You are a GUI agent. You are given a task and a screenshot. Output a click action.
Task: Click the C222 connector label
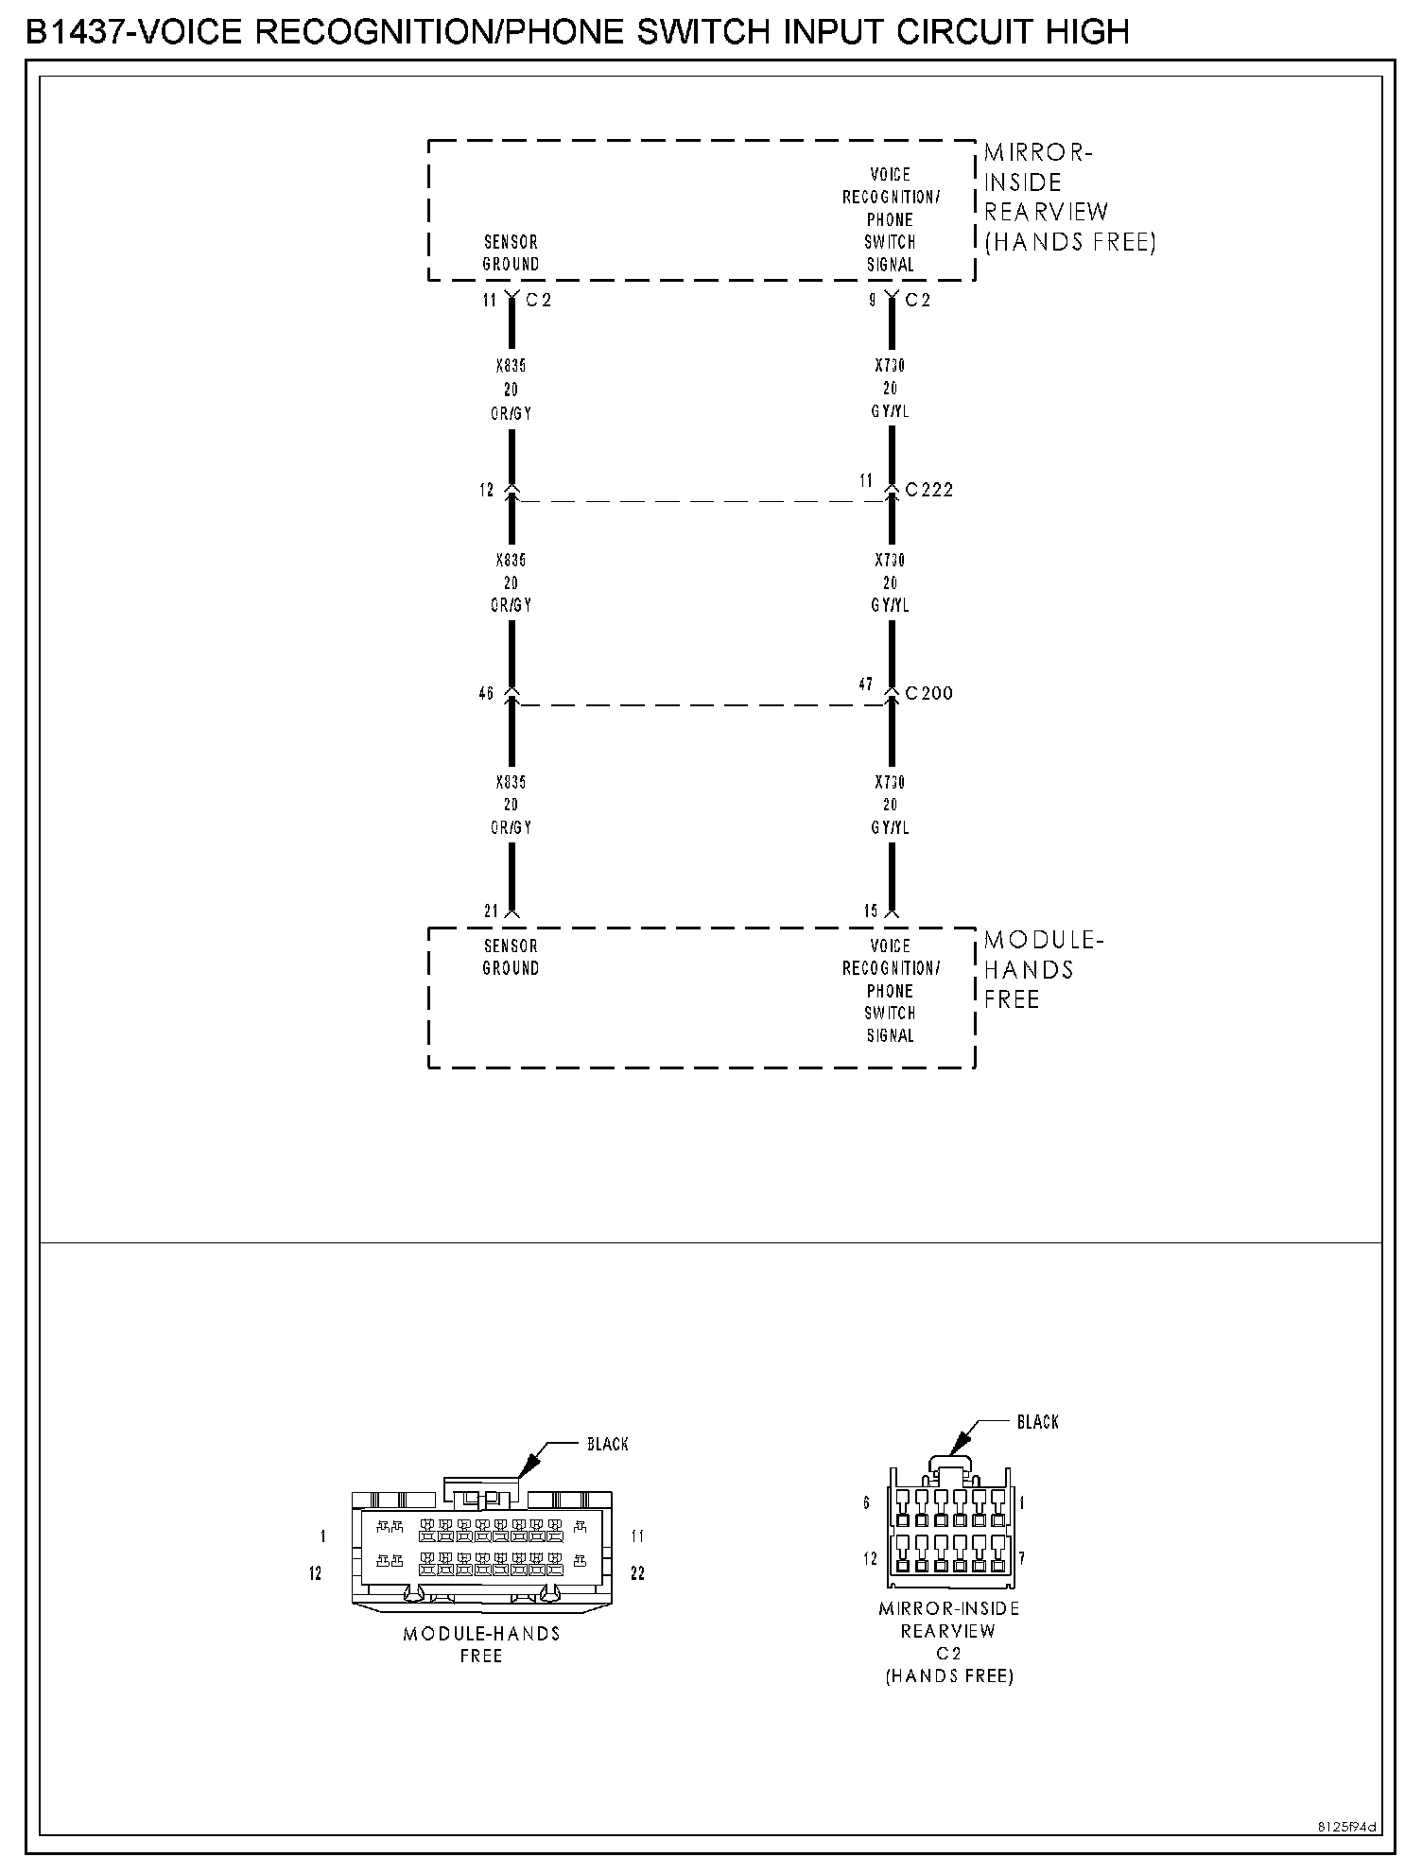[928, 490]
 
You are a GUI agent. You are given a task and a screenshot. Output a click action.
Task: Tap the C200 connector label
[928, 693]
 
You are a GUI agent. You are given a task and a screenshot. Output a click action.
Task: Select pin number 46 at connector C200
[486, 693]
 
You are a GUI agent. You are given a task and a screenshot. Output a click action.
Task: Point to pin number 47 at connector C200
[865, 684]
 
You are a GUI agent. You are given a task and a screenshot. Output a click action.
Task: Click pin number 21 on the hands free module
[491, 911]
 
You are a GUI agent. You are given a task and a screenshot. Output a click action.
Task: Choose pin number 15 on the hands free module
[871, 911]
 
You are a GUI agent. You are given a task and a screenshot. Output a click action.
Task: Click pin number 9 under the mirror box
[873, 301]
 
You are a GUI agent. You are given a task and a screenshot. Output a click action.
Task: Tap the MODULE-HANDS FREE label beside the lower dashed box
[1042, 969]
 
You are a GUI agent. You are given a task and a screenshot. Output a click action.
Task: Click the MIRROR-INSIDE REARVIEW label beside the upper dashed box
[1068, 197]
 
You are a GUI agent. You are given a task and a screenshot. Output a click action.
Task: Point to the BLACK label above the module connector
[607, 1444]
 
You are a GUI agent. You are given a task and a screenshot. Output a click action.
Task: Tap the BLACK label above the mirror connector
[1037, 1421]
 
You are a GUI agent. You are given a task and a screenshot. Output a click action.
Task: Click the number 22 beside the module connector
[637, 1573]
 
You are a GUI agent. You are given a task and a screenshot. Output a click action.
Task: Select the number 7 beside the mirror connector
[1022, 1558]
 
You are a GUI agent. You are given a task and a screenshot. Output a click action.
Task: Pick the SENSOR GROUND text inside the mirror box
[511, 253]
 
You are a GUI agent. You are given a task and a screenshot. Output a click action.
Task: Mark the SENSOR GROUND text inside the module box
[511, 957]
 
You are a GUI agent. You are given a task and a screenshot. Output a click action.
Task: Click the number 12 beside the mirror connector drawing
[870, 1558]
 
